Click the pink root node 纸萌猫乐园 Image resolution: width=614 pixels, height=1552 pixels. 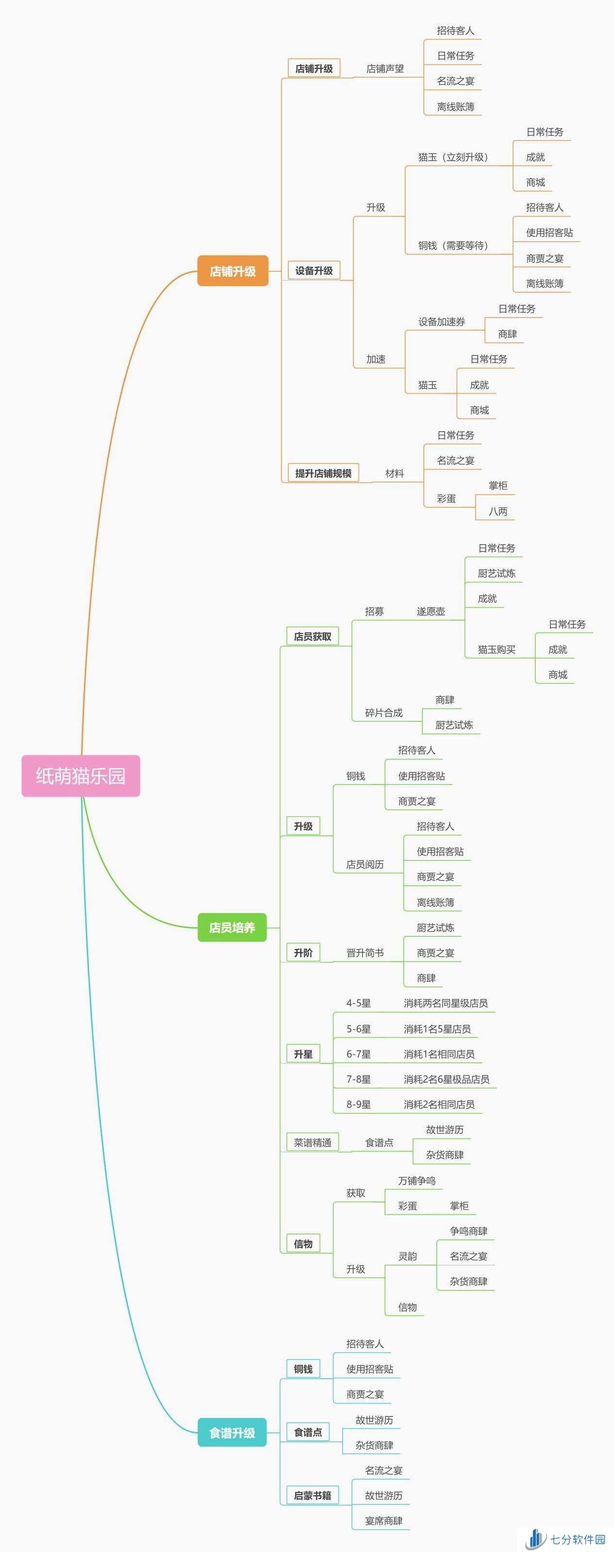81,775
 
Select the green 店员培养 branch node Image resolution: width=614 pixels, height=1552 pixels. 232,927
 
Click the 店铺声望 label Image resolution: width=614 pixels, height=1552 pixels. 385,68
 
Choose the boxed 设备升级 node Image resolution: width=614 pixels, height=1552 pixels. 314,270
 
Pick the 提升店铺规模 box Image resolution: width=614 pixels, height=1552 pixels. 323,473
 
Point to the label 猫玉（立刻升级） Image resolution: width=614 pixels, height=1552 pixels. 453,157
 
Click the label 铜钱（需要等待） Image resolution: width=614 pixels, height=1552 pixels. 453,245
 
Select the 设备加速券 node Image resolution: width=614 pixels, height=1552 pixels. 442,322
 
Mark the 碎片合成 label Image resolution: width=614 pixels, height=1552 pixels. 384,713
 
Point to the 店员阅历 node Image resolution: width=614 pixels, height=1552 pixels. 365,865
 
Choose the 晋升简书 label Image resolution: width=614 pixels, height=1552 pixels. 365,952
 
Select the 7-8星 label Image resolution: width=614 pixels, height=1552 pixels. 359,1079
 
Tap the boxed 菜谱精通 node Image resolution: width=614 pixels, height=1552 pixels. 312,1142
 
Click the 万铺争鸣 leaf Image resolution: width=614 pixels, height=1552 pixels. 416,1181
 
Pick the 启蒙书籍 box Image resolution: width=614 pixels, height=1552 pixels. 312,1495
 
